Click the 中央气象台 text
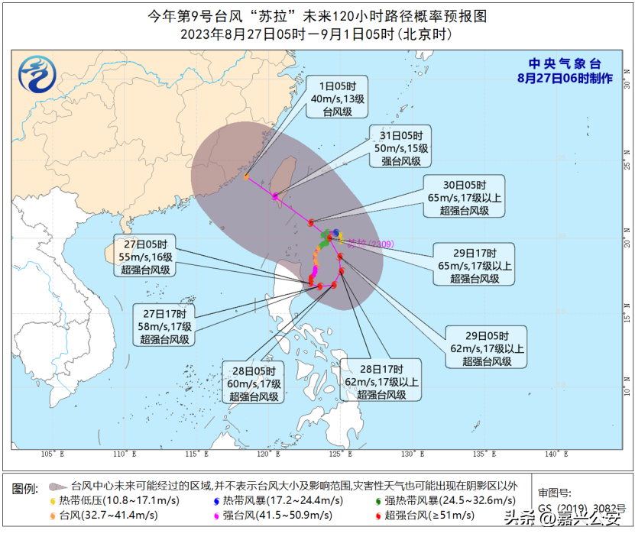pos(564,64)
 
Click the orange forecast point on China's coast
pos(247,176)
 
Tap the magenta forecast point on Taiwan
pos(276,196)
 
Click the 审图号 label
pos(554,493)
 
